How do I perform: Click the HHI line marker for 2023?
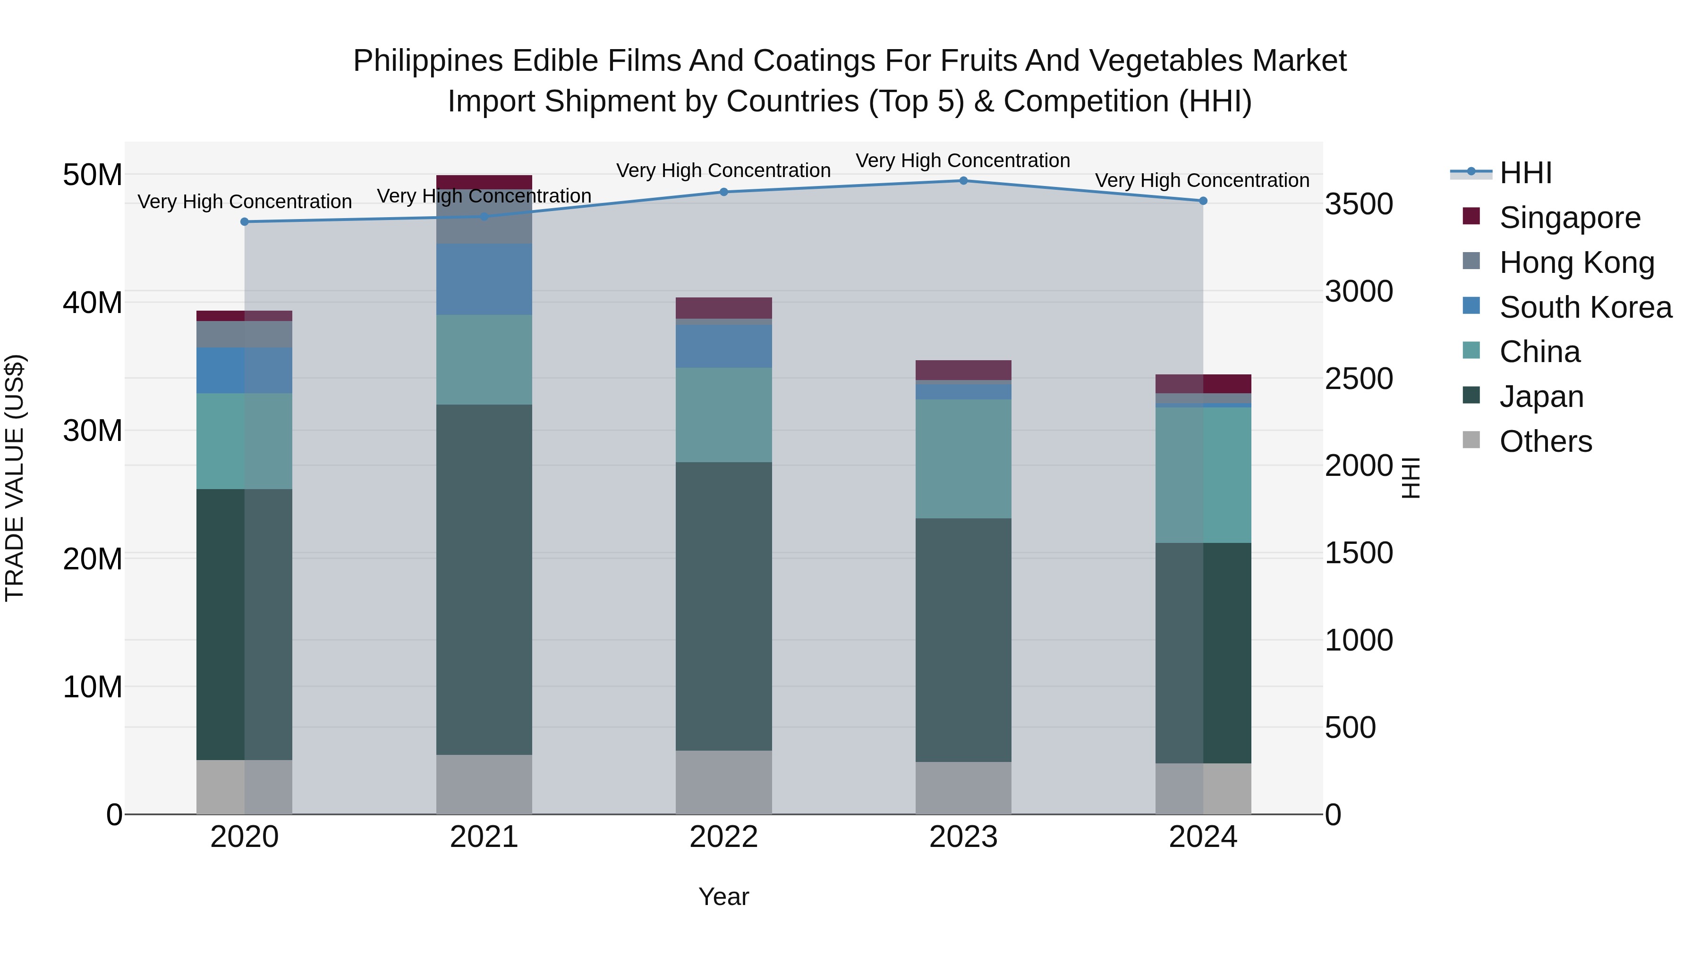tap(963, 181)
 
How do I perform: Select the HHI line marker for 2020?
tap(245, 222)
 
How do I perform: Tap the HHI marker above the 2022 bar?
tap(723, 192)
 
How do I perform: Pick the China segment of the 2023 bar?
tap(963, 458)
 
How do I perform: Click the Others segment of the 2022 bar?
tap(723, 782)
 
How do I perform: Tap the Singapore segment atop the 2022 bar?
tap(723, 308)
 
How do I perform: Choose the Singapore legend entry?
tap(1569, 218)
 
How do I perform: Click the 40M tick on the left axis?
tap(93, 303)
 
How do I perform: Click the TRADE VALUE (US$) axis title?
tap(15, 478)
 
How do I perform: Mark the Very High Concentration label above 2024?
tap(1202, 180)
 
